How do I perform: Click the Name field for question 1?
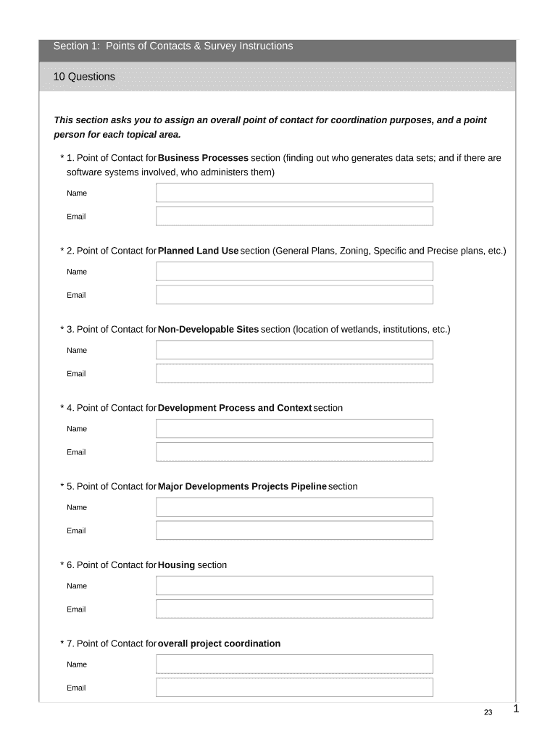294,193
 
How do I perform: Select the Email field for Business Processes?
294,216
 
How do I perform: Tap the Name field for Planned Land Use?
294,271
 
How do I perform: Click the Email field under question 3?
294,373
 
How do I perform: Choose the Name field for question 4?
294,428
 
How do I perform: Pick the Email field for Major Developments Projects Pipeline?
294,530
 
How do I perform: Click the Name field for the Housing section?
294,585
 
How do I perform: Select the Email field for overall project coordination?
294,688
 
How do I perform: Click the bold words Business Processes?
203,158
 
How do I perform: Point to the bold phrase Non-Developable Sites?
208,329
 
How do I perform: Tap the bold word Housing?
176,565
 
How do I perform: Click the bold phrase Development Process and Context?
235,408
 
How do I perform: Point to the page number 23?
488,713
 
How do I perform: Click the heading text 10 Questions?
84,76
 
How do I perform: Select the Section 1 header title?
173,46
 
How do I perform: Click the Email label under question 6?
76,609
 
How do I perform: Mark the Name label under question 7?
77,664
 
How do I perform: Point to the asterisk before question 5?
62,487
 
